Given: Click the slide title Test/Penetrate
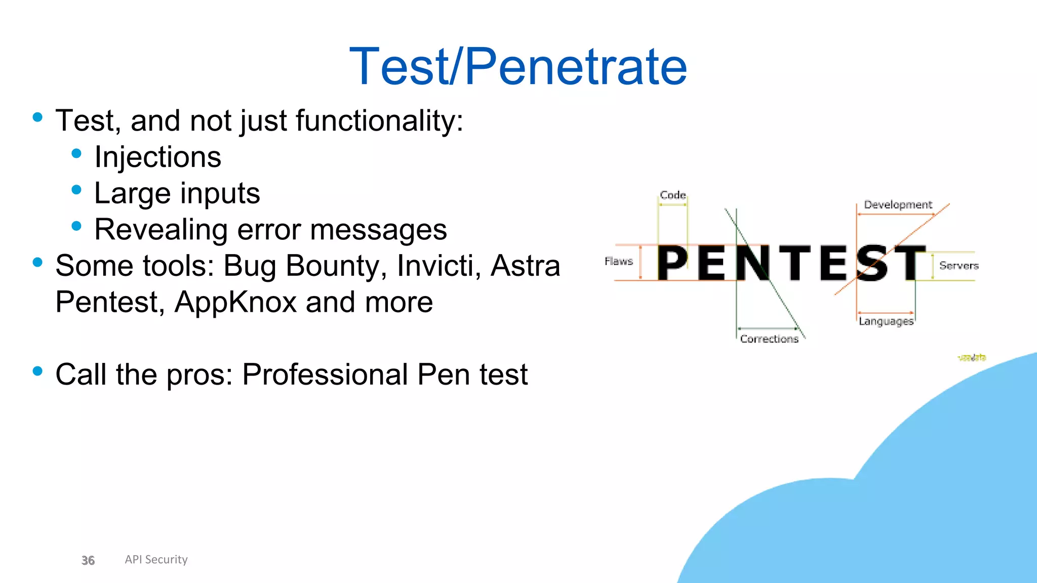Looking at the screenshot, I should pyautogui.click(x=518, y=66).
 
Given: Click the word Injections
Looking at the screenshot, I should pyautogui.click(x=157, y=157).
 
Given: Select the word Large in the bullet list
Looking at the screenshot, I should pyautogui.click(x=132, y=193).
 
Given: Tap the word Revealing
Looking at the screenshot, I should pyautogui.click(x=161, y=230).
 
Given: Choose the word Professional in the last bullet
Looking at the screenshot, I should pyautogui.click(x=325, y=375).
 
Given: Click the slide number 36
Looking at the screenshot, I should pyautogui.click(x=88, y=560).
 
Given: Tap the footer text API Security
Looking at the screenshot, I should pyautogui.click(x=156, y=559).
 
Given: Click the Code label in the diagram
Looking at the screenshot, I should pyautogui.click(x=672, y=195).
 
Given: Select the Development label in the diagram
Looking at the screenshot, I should pyautogui.click(x=898, y=204).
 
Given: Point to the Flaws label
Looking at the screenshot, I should pyautogui.click(x=619, y=261).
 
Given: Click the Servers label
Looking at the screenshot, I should pyautogui.click(x=959, y=265).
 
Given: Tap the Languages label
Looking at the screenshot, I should pyautogui.click(x=886, y=321).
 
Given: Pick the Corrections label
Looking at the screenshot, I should pyautogui.click(x=769, y=339).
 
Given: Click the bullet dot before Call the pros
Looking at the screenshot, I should pyautogui.click(x=37, y=371).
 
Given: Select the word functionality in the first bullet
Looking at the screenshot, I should pyautogui.click(x=379, y=121).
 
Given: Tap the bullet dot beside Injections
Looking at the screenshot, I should pyautogui.click(x=76, y=153).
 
